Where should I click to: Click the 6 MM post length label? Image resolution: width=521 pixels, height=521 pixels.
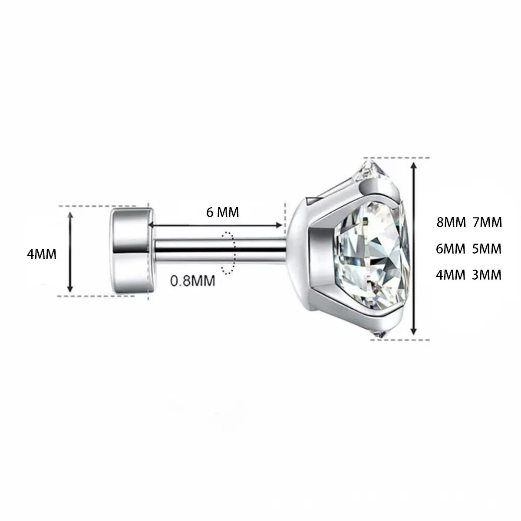coord(223,212)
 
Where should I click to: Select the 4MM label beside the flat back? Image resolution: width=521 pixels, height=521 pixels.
coord(42,254)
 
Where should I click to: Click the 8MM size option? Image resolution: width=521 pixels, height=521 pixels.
coord(451,223)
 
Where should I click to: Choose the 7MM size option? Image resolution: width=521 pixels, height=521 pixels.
coord(488,223)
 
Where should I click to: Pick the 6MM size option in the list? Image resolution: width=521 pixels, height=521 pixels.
coord(451,249)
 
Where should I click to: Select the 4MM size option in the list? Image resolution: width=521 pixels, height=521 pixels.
coord(451,275)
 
